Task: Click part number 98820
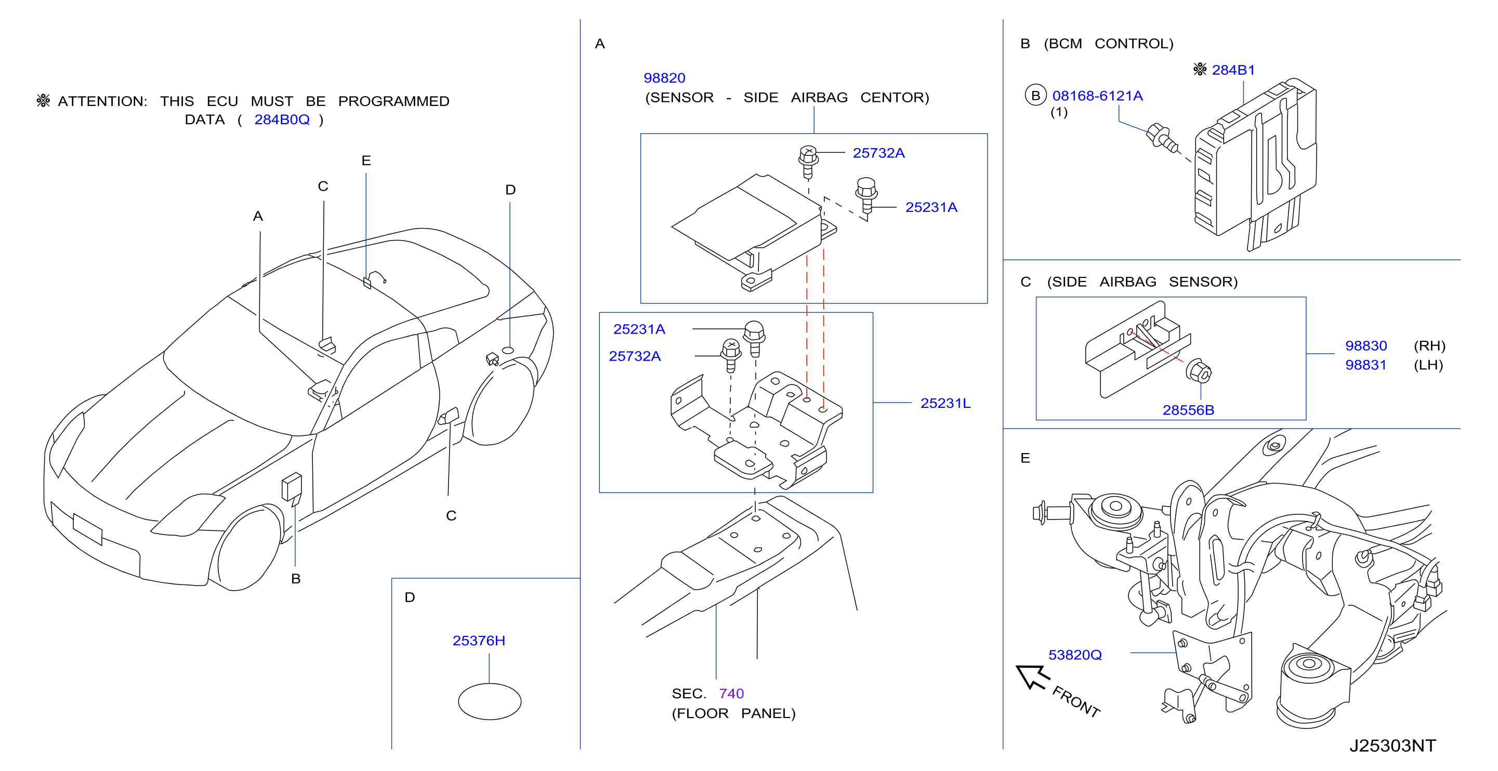[664, 78]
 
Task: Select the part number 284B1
[1233, 70]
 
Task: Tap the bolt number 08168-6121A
[1097, 96]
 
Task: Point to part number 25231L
[945, 403]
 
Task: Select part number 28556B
[1188, 410]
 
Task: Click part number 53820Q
[1075, 655]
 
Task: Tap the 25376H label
[479, 640]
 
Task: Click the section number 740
[731, 694]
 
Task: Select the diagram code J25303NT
[1392, 746]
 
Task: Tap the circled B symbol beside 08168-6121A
[1035, 96]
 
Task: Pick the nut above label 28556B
[1199, 371]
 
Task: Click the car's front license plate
[88, 529]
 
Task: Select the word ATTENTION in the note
[102, 101]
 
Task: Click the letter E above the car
[366, 161]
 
